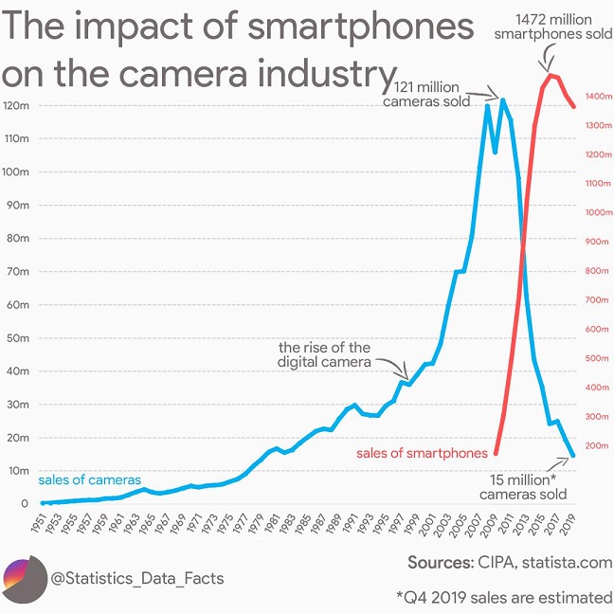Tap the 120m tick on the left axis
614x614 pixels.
coord(18,105)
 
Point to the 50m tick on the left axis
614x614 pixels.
coord(18,338)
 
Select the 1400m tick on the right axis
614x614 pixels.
coord(600,97)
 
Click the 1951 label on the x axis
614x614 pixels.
coord(38,523)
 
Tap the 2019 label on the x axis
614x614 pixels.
coord(569,523)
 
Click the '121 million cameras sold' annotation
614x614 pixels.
coord(432,95)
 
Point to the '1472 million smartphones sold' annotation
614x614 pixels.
coord(553,27)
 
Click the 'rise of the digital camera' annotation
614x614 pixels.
coord(324,354)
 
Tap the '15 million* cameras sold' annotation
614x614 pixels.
coord(523,487)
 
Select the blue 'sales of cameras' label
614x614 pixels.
coord(89,480)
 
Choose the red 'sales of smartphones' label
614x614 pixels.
coord(422,453)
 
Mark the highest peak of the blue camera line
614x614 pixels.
coord(502,99)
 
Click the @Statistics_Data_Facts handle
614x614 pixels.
coord(136,577)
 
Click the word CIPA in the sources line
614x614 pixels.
coord(497,563)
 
